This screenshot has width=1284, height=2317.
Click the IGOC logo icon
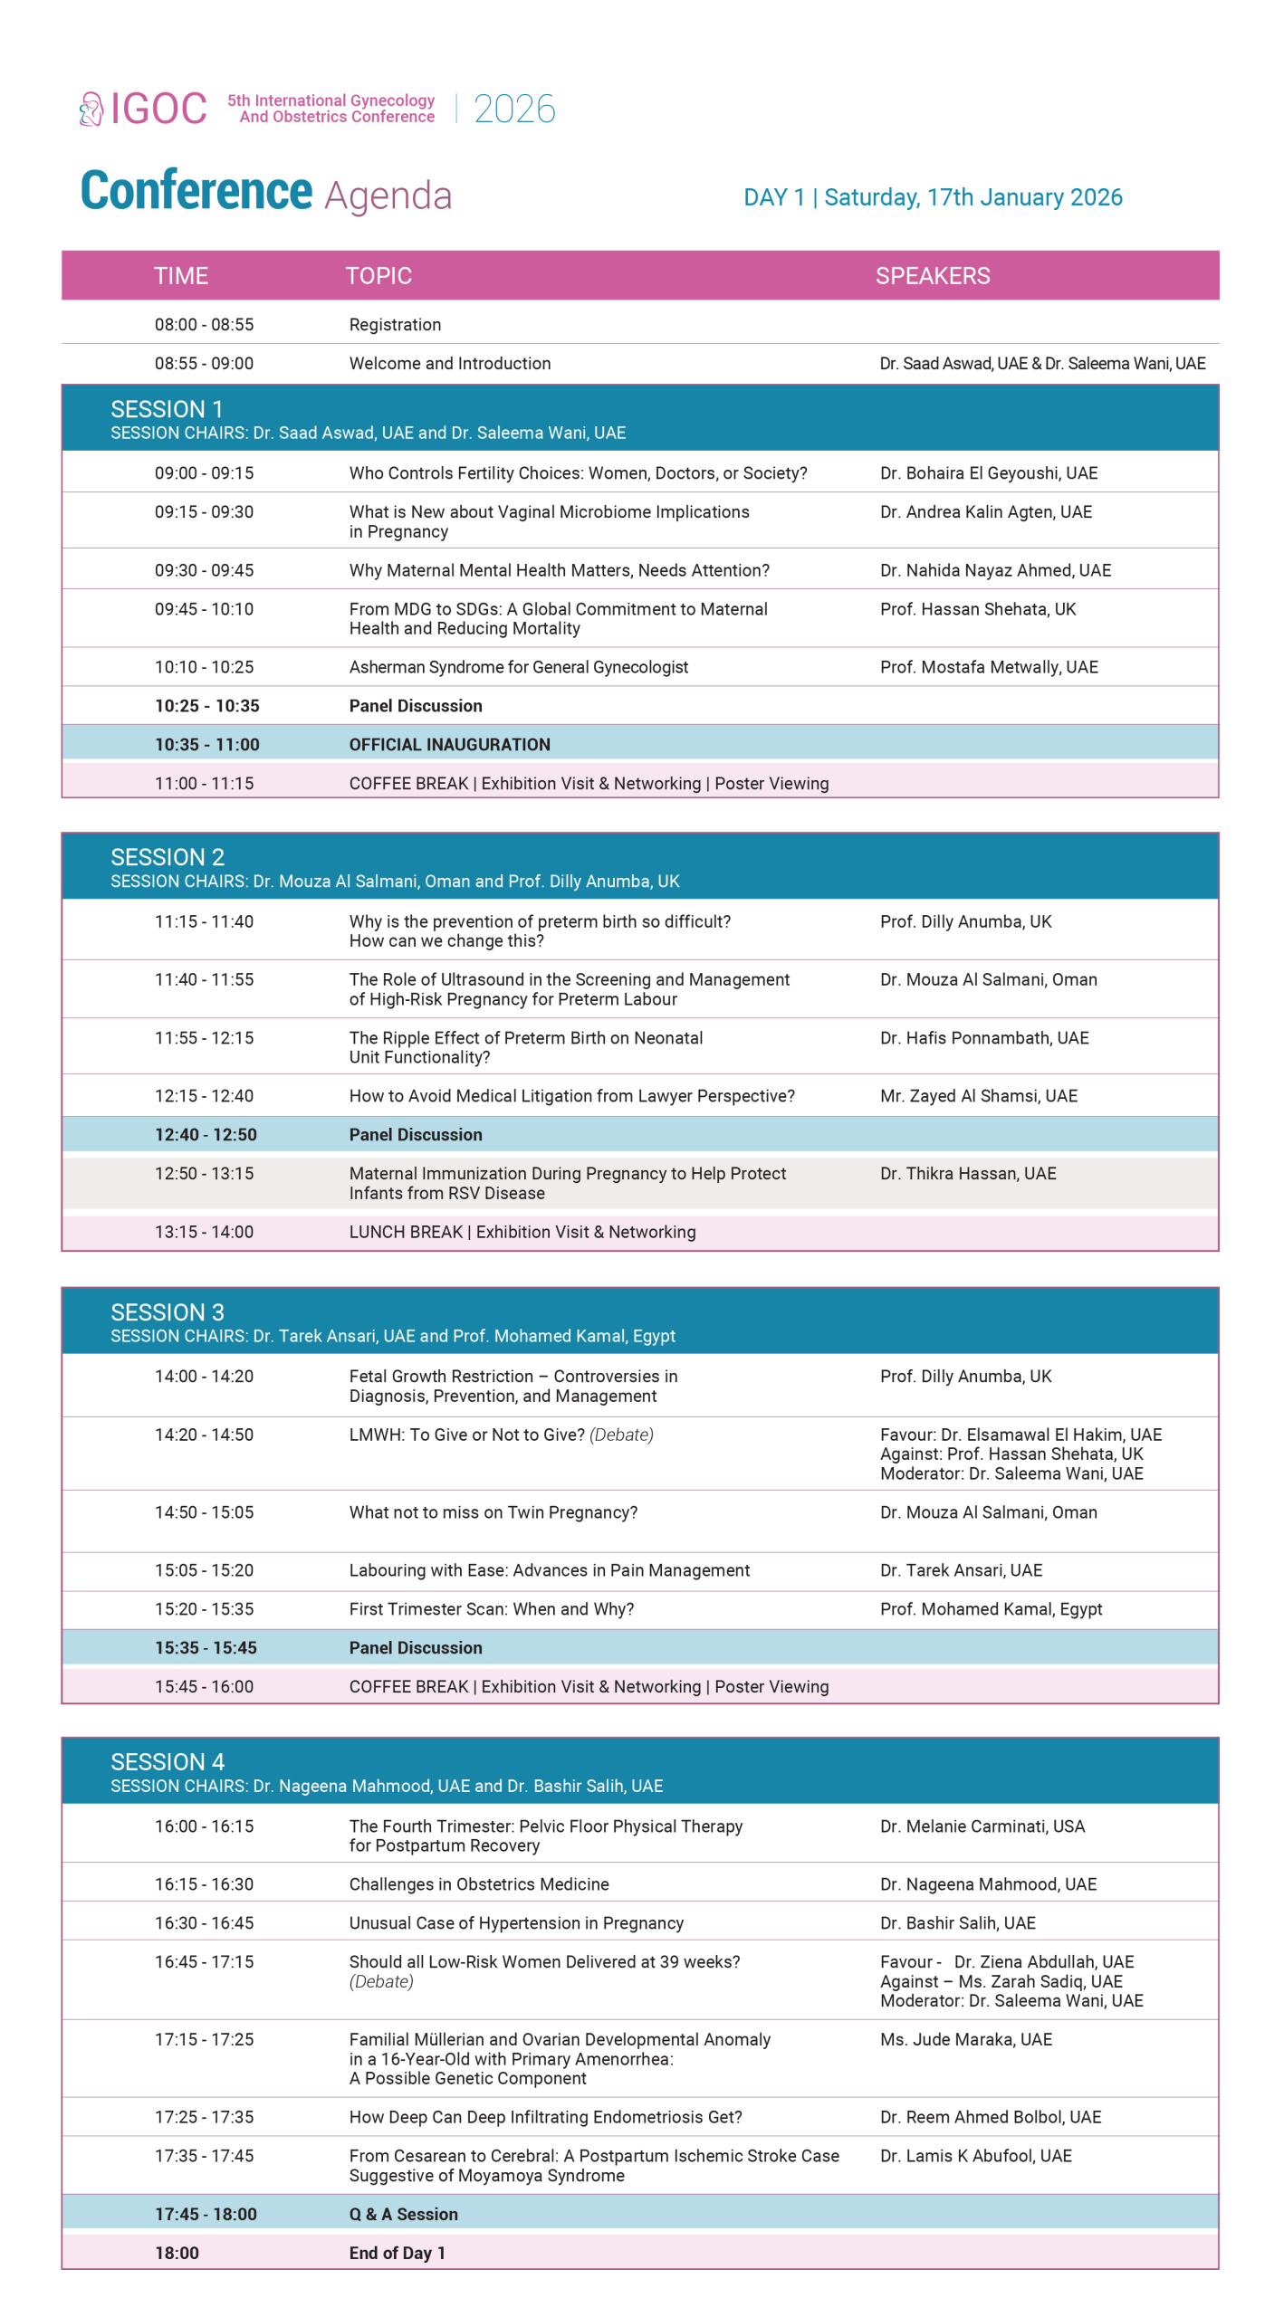coord(91,110)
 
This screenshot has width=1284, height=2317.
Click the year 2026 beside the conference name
coord(514,110)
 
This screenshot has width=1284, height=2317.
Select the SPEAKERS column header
coord(933,276)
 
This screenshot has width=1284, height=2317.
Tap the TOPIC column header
coord(378,276)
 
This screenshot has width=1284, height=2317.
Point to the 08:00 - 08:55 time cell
coord(204,325)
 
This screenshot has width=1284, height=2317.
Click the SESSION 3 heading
coord(168,1312)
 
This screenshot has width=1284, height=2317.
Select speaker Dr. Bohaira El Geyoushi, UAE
coord(989,473)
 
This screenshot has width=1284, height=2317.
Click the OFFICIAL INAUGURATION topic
coord(450,745)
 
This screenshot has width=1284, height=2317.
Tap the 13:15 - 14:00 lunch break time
coord(204,1232)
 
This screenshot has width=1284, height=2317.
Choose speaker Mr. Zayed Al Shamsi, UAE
coord(979,1096)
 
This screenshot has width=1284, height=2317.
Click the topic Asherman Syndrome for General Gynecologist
coord(519,667)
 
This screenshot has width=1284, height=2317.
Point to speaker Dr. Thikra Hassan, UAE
coord(968,1174)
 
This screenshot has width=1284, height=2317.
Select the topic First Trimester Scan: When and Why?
coord(492,1609)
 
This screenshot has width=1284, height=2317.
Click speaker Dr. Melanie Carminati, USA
coord(982,1826)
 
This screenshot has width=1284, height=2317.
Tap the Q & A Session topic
coord(404,2215)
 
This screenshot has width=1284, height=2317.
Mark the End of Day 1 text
coord(398,2254)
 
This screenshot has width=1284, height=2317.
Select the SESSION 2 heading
coord(168,857)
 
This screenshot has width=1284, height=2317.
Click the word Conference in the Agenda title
coord(196,192)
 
